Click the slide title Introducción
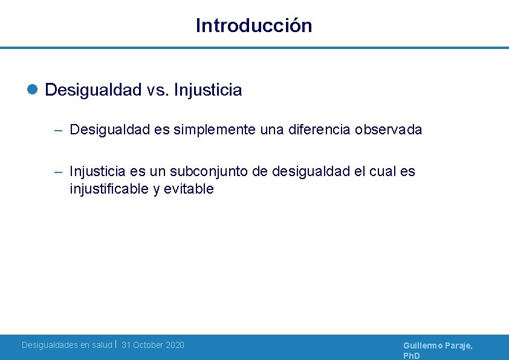click(x=254, y=25)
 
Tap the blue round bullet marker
click(x=33, y=90)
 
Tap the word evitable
click(x=189, y=189)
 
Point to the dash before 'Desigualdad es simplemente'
click(x=58, y=130)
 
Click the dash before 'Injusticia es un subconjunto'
click(x=58, y=172)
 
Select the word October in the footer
click(x=149, y=345)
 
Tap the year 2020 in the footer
click(x=175, y=345)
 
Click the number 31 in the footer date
click(x=126, y=345)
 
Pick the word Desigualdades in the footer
click(x=50, y=345)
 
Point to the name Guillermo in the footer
click(x=424, y=345)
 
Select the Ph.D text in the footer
click(x=411, y=356)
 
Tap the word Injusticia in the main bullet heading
click(x=208, y=90)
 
